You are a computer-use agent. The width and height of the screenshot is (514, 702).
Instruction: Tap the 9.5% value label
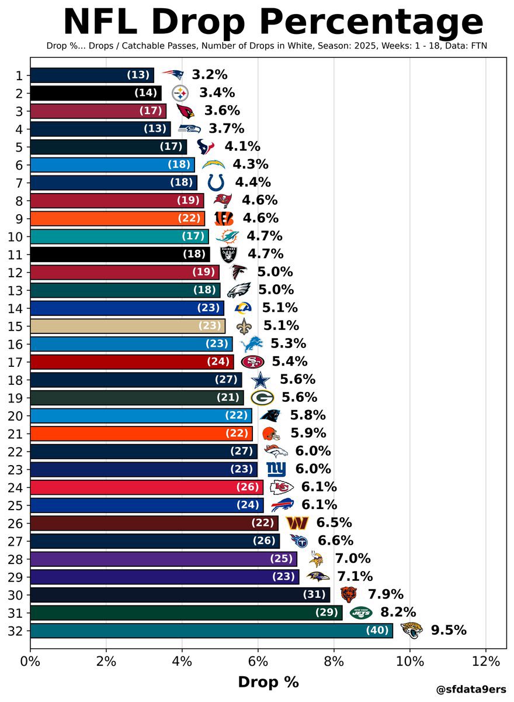point(449,631)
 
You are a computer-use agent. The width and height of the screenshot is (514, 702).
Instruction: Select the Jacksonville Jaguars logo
point(411,631)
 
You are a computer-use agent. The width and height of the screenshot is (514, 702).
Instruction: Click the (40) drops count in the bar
point(376,631)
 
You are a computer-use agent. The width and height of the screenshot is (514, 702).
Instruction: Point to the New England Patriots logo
point(172,75)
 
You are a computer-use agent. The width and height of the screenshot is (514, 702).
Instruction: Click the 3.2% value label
point(209,75)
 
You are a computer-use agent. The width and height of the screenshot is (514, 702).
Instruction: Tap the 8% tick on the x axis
point(334,662)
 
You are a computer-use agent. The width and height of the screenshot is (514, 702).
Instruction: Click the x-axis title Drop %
point(268,682)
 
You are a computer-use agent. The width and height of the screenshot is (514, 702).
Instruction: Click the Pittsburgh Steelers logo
point(180,93)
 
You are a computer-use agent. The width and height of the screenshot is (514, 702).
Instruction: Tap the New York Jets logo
point(361,612)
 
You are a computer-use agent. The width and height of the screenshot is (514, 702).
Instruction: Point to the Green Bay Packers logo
point(262,398)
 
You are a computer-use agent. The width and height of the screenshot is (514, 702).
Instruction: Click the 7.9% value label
point(385,594)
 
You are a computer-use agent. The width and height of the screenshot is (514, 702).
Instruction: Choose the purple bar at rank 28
point(163,559)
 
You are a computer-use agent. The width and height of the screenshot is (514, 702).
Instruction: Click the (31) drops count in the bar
point(314,594)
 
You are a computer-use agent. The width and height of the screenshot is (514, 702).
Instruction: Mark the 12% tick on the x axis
point(485,662)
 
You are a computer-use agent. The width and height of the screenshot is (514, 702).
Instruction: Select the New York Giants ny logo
point(276,469)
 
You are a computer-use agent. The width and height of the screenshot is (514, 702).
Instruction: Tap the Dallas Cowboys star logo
point(261,380)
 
